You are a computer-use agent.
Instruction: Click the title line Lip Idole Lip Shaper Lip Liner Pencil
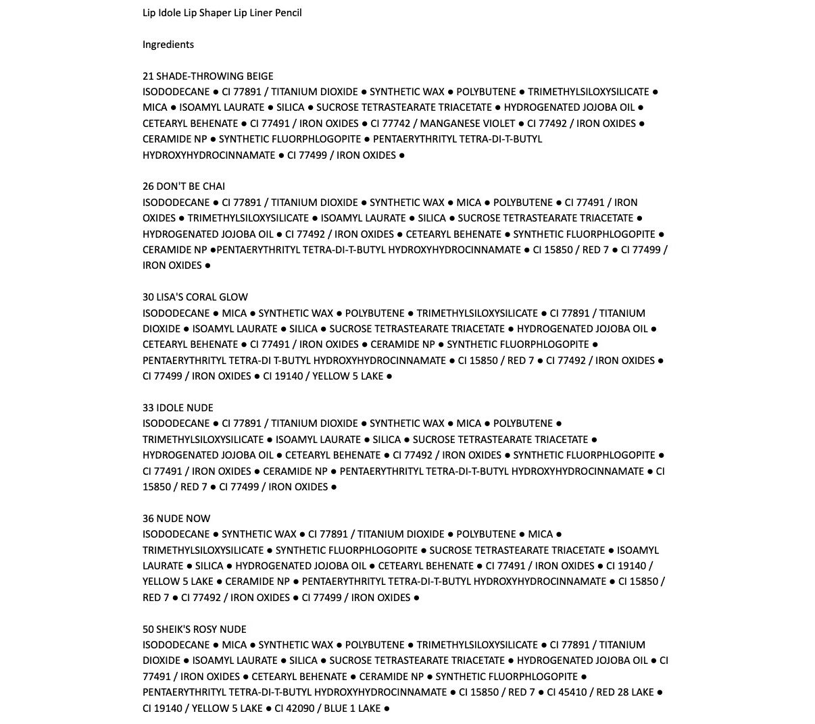coord(222,13)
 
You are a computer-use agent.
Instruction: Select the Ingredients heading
coord(168,45)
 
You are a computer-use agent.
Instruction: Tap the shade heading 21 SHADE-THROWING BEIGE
coord(207,76)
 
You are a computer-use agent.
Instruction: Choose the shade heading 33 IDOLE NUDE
coord(178,408)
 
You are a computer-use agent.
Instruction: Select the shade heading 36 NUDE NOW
coord(176,519)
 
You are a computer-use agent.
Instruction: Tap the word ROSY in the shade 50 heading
coord(205,629)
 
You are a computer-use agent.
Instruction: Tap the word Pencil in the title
coord(288,13)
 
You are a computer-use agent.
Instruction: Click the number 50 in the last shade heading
coord(149,629)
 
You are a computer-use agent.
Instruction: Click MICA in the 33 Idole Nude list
coord(468,423)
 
